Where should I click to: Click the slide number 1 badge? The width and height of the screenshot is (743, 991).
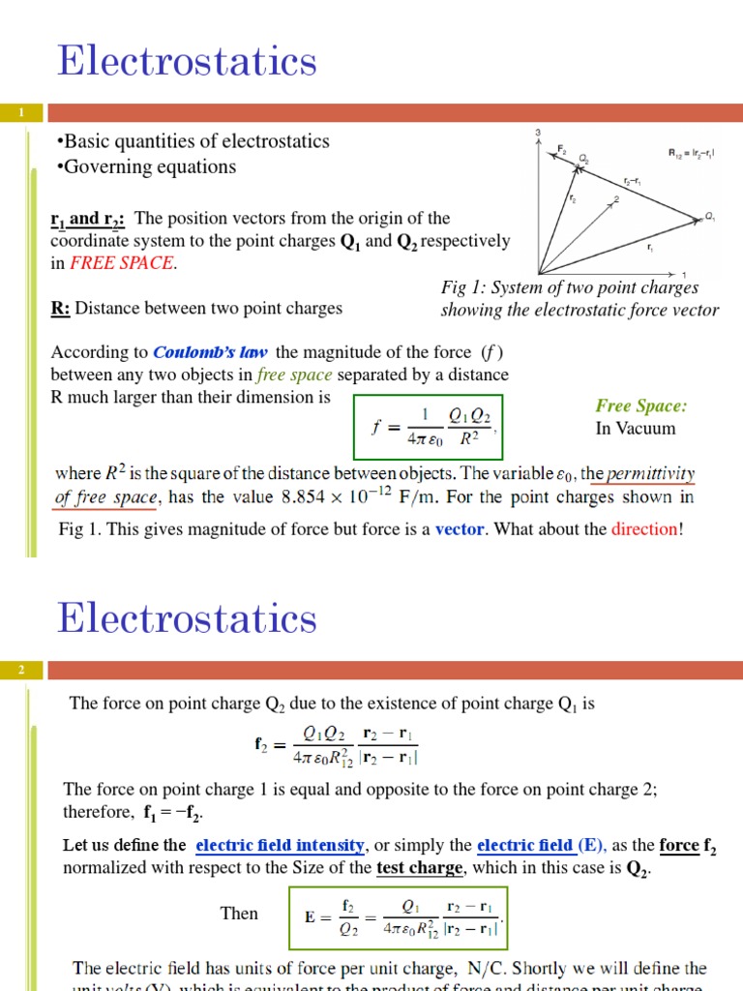click(20, 114)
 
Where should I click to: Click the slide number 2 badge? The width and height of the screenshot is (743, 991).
click(20, 670)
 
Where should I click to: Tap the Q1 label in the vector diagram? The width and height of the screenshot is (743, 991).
click(710, 217)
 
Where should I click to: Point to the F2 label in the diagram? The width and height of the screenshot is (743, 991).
click(561, 148)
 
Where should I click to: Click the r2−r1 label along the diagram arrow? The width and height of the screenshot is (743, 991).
click(635, 181)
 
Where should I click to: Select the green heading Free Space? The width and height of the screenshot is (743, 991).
click(640, 405)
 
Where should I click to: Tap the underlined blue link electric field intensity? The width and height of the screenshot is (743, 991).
click(280, 845)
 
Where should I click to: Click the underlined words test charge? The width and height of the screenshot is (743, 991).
click(420, 867)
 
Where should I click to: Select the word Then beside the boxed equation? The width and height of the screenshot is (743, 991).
click(239, 913)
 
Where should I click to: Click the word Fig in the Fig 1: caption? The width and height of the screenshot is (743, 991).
click(453, 287)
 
